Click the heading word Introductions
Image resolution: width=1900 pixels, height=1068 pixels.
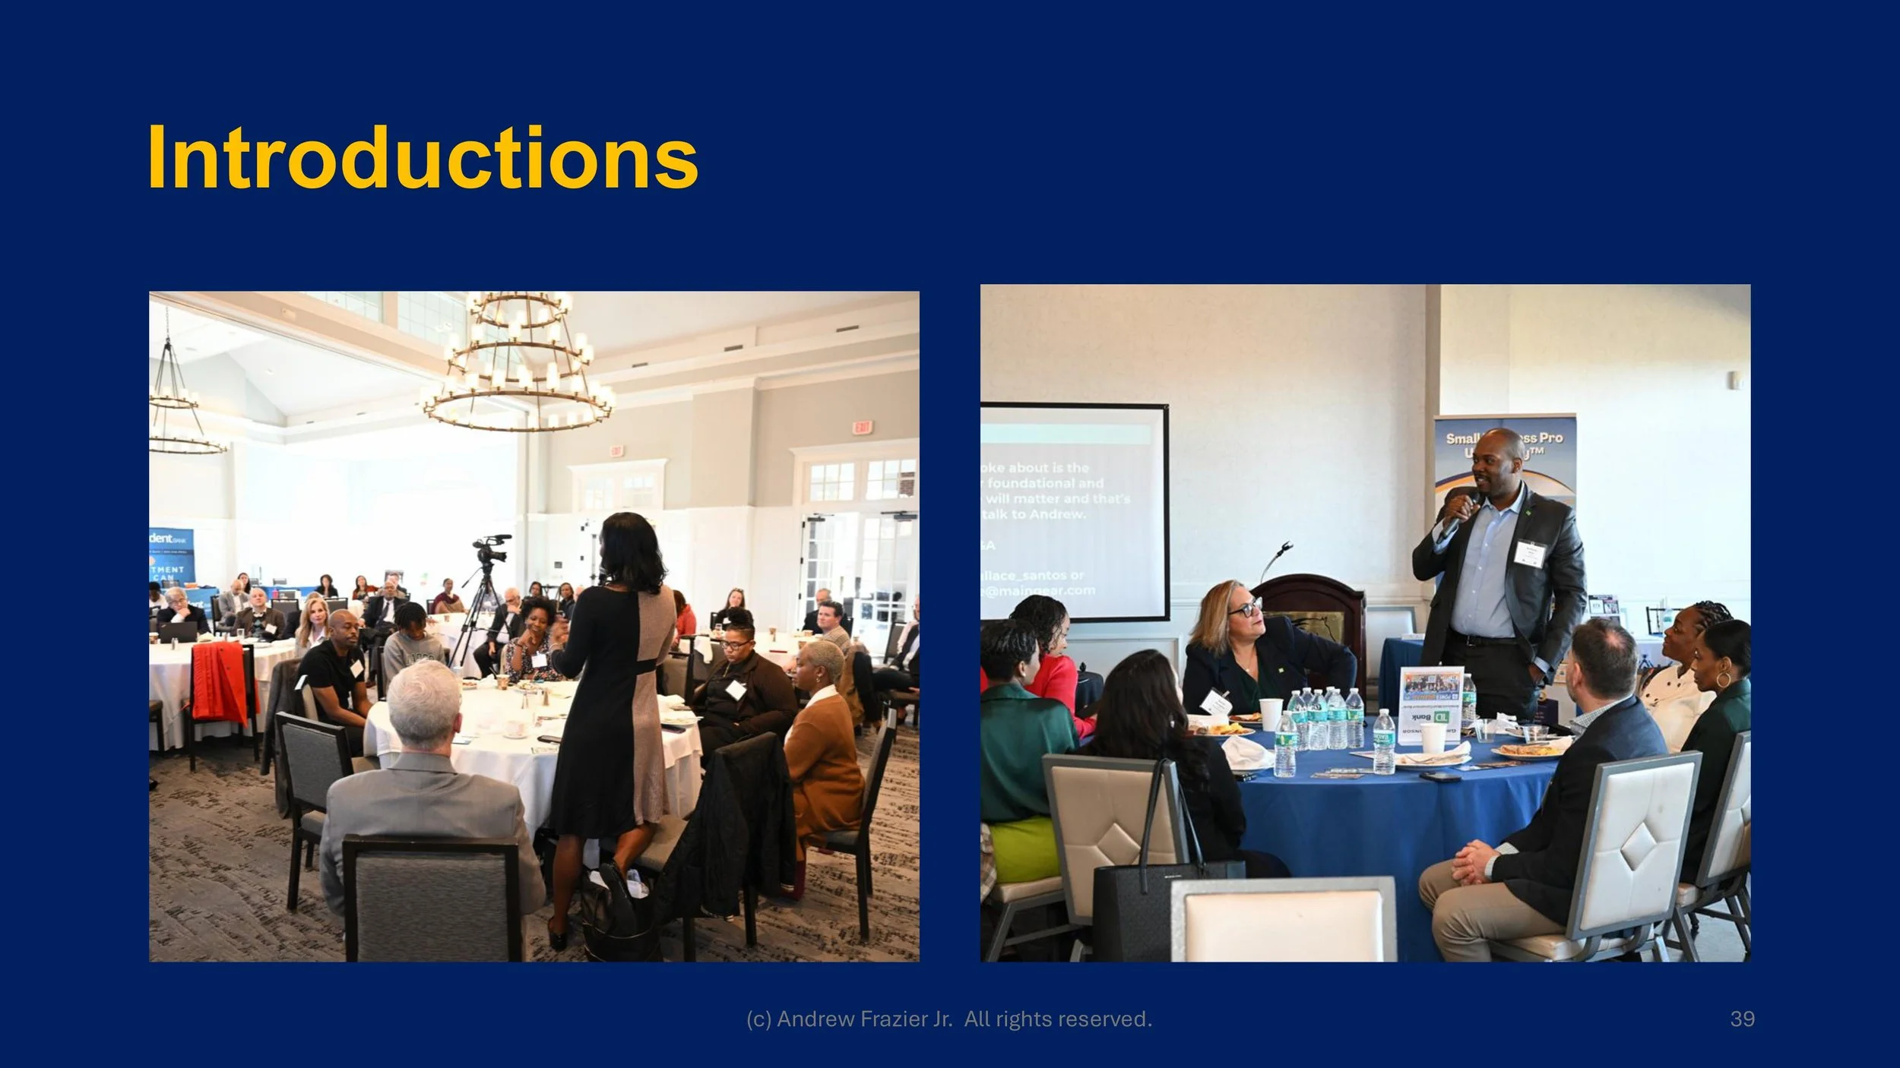423,158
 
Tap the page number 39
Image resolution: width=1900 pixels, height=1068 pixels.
1742,1019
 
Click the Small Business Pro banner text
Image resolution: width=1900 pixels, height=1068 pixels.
1504,439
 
